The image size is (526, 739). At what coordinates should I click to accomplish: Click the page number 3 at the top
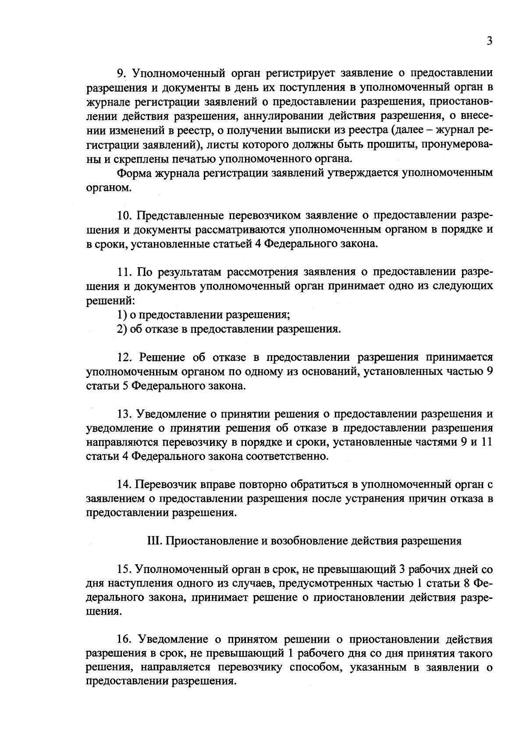point(490,41)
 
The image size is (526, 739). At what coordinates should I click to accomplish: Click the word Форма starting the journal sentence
point(133,173)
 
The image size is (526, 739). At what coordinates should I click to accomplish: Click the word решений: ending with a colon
point(110,301)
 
